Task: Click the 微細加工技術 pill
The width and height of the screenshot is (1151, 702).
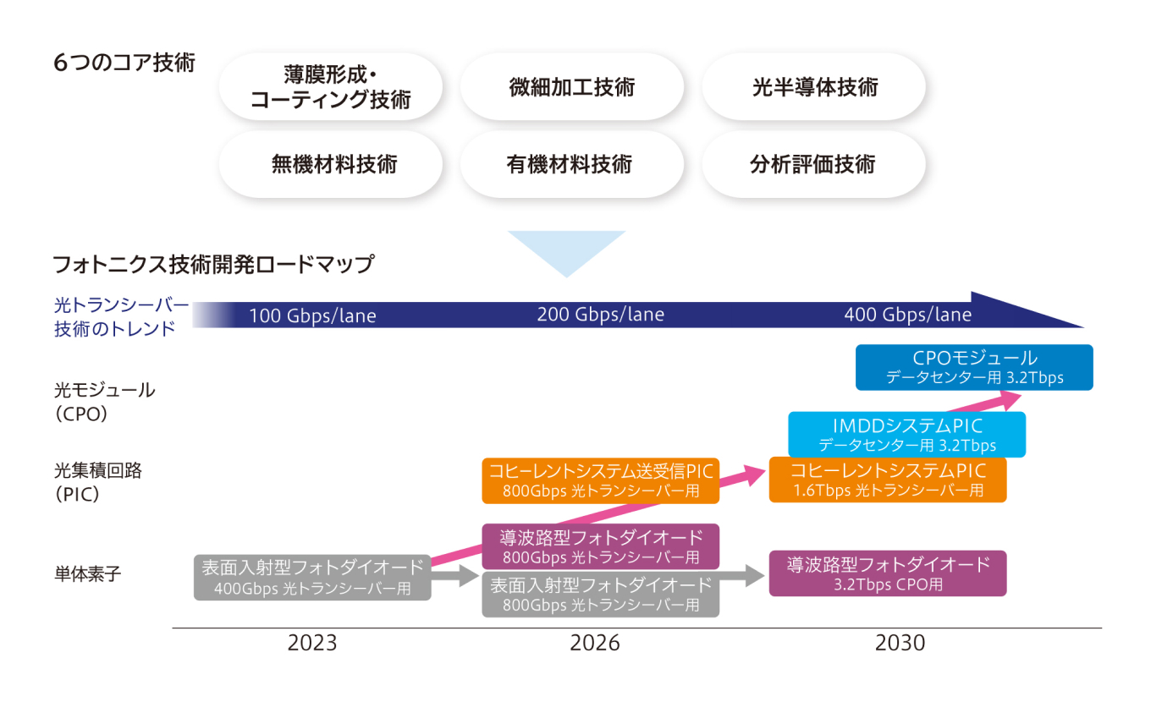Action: tap(571, 87)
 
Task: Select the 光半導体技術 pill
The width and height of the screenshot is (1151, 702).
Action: tap(814, 87)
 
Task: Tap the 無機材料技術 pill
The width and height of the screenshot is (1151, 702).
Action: tap(331, 164)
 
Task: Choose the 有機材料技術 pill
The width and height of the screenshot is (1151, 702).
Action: tap(571, 164)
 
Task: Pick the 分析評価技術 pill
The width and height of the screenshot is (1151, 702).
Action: tap(814, 164)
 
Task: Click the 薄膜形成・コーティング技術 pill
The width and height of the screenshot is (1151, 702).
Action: tap(331, 87)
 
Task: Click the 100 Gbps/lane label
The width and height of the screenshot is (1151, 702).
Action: tap(312, 316)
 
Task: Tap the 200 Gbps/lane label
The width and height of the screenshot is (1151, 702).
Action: tap(601, 315)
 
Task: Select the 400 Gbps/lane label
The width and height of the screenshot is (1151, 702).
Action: tap(907, 315)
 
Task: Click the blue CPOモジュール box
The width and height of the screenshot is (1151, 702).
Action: tap(974, 367)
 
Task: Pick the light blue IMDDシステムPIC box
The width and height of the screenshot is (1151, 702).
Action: tap(906, 435)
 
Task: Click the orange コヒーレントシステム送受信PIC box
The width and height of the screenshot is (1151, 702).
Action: tap(600, 480)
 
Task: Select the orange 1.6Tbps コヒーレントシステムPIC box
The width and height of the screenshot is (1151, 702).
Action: tap(888, 480)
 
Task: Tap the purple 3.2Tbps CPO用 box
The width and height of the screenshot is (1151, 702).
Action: tap(888, 573)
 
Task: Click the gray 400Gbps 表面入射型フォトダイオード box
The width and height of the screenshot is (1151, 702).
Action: tap(312, 577)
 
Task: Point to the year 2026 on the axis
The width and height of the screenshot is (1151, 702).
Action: tap(594, 644)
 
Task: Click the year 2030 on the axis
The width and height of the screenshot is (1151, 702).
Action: tap(900, 644)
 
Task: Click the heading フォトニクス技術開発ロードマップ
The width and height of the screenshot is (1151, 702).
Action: tap(212, 265)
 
